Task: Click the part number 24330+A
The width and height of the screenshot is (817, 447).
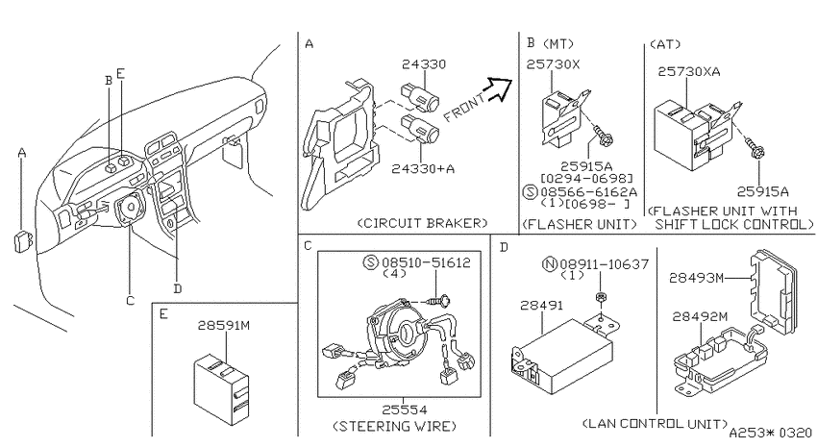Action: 423,169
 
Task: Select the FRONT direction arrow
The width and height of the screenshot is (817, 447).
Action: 499,88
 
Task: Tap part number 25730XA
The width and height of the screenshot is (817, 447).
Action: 689,71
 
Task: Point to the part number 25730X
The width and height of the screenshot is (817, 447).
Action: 553,64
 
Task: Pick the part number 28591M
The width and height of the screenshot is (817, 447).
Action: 224,326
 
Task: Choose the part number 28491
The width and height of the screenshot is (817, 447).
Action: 541,306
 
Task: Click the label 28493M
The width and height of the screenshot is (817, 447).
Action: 697,278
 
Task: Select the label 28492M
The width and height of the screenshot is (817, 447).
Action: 700,316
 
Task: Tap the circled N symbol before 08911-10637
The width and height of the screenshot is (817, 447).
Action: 550,264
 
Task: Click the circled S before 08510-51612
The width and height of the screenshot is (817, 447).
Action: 370,262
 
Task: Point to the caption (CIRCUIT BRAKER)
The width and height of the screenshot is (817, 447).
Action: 423,223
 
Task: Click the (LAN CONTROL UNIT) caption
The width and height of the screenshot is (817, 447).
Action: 655,423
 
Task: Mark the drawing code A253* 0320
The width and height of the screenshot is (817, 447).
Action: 770,433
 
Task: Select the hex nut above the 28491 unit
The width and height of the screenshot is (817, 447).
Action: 600,297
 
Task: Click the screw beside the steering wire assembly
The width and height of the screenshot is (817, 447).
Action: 439,300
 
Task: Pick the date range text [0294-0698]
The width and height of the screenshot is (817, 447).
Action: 586,179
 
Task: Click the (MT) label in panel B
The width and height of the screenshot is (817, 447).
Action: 557,44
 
